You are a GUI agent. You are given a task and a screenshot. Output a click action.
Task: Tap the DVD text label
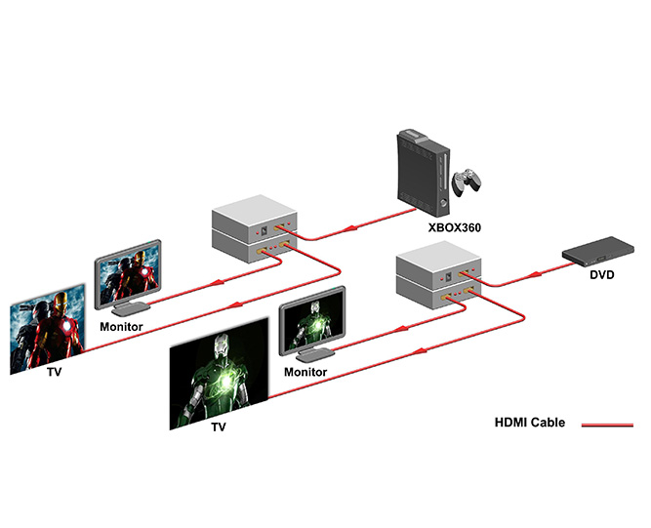point(602,274)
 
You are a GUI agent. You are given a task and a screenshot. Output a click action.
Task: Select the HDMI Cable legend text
point(531,424)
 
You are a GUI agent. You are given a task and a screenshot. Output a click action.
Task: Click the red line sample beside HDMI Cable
point(607,425)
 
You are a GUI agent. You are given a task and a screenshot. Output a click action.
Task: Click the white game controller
point(470,182)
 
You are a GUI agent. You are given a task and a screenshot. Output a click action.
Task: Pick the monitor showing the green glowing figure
point(312,322)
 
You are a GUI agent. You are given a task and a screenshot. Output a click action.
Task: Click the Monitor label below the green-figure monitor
point(305,372)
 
